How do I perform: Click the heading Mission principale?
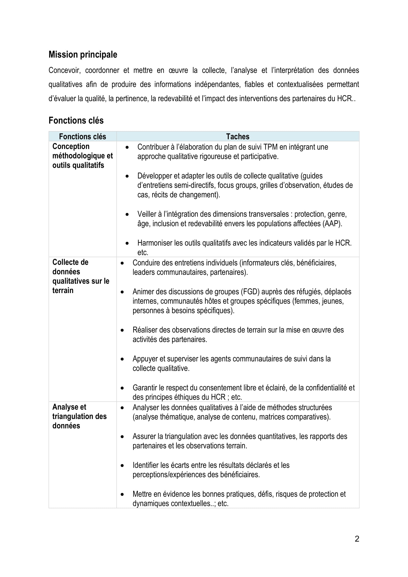[83, 55]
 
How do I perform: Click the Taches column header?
[237, 136]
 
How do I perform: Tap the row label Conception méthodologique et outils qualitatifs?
[82, 156]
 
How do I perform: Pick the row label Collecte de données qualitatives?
[81, 276]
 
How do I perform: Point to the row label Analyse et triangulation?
[79, 416]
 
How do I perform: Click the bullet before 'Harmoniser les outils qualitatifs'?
[127, 243]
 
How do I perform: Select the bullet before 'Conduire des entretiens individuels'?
[122, 263]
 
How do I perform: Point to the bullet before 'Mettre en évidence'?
[122, 494]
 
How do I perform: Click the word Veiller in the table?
[147, 214]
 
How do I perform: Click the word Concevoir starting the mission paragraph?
[64, 70]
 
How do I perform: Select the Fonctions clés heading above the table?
[76, 120]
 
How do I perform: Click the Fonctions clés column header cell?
[82, 136]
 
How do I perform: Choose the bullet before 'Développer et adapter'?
[127, 176]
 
